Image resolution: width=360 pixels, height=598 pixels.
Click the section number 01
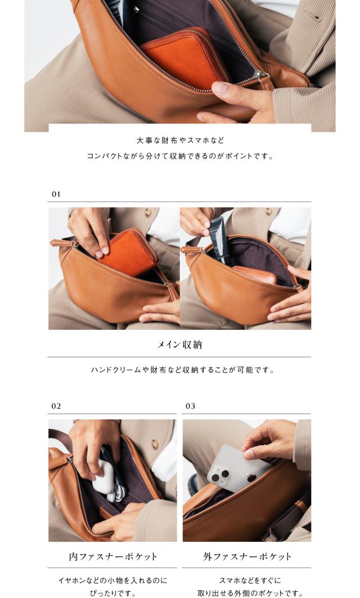pyautogui.click(x=56, y=194)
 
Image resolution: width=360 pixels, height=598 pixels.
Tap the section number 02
pyautogui.click(x=56, y=406)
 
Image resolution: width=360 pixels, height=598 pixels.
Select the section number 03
pyautogui.click(x=190, y=406)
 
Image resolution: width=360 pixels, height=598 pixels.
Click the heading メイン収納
pyautogui.click(x=179, y=345)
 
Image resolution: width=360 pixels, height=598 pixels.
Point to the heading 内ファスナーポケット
pyautogui.click(x=113, y=556)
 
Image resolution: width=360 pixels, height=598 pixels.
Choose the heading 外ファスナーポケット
pyautogui.click(x=247, y=556)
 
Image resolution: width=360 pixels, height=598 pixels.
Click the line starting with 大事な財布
pyautogui.click(x=180, y=141)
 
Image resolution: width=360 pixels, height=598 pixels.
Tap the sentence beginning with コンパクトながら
pyautogui.click(x=180, y=156)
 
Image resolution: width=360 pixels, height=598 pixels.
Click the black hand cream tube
pyautogui.click(x=219, y=239)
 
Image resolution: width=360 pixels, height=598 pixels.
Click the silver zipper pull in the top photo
pyautogui.click(x=260, y=75)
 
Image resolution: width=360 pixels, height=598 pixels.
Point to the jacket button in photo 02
pyautogui.click(x=154, y=444)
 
